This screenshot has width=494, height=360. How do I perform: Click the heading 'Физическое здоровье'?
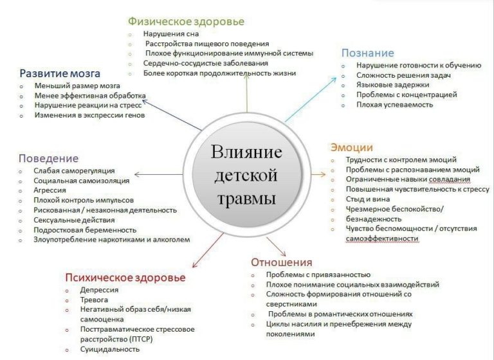186,22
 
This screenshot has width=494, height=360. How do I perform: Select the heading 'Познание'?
368,53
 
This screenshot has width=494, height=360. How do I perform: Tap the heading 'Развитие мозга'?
60,74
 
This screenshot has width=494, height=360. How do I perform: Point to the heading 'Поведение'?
48,158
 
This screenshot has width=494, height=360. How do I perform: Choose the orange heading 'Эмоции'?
352,147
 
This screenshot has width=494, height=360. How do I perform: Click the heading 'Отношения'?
282,262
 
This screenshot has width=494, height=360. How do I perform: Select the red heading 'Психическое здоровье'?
125,278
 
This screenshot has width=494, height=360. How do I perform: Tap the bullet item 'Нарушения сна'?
171,33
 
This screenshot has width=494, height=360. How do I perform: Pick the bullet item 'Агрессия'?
50,190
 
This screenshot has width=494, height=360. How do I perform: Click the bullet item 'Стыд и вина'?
368,199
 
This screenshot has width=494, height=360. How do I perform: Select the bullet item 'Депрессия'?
99,290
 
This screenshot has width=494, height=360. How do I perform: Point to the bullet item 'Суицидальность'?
110,349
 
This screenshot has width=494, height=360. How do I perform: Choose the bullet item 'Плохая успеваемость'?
395,105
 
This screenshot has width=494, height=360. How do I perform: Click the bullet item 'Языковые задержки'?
393,85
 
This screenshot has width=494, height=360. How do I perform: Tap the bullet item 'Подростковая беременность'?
85,230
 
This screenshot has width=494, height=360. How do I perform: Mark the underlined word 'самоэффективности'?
382,239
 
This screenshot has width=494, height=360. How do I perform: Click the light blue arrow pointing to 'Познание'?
311,100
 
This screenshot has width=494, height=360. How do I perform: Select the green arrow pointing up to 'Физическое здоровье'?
247,93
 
